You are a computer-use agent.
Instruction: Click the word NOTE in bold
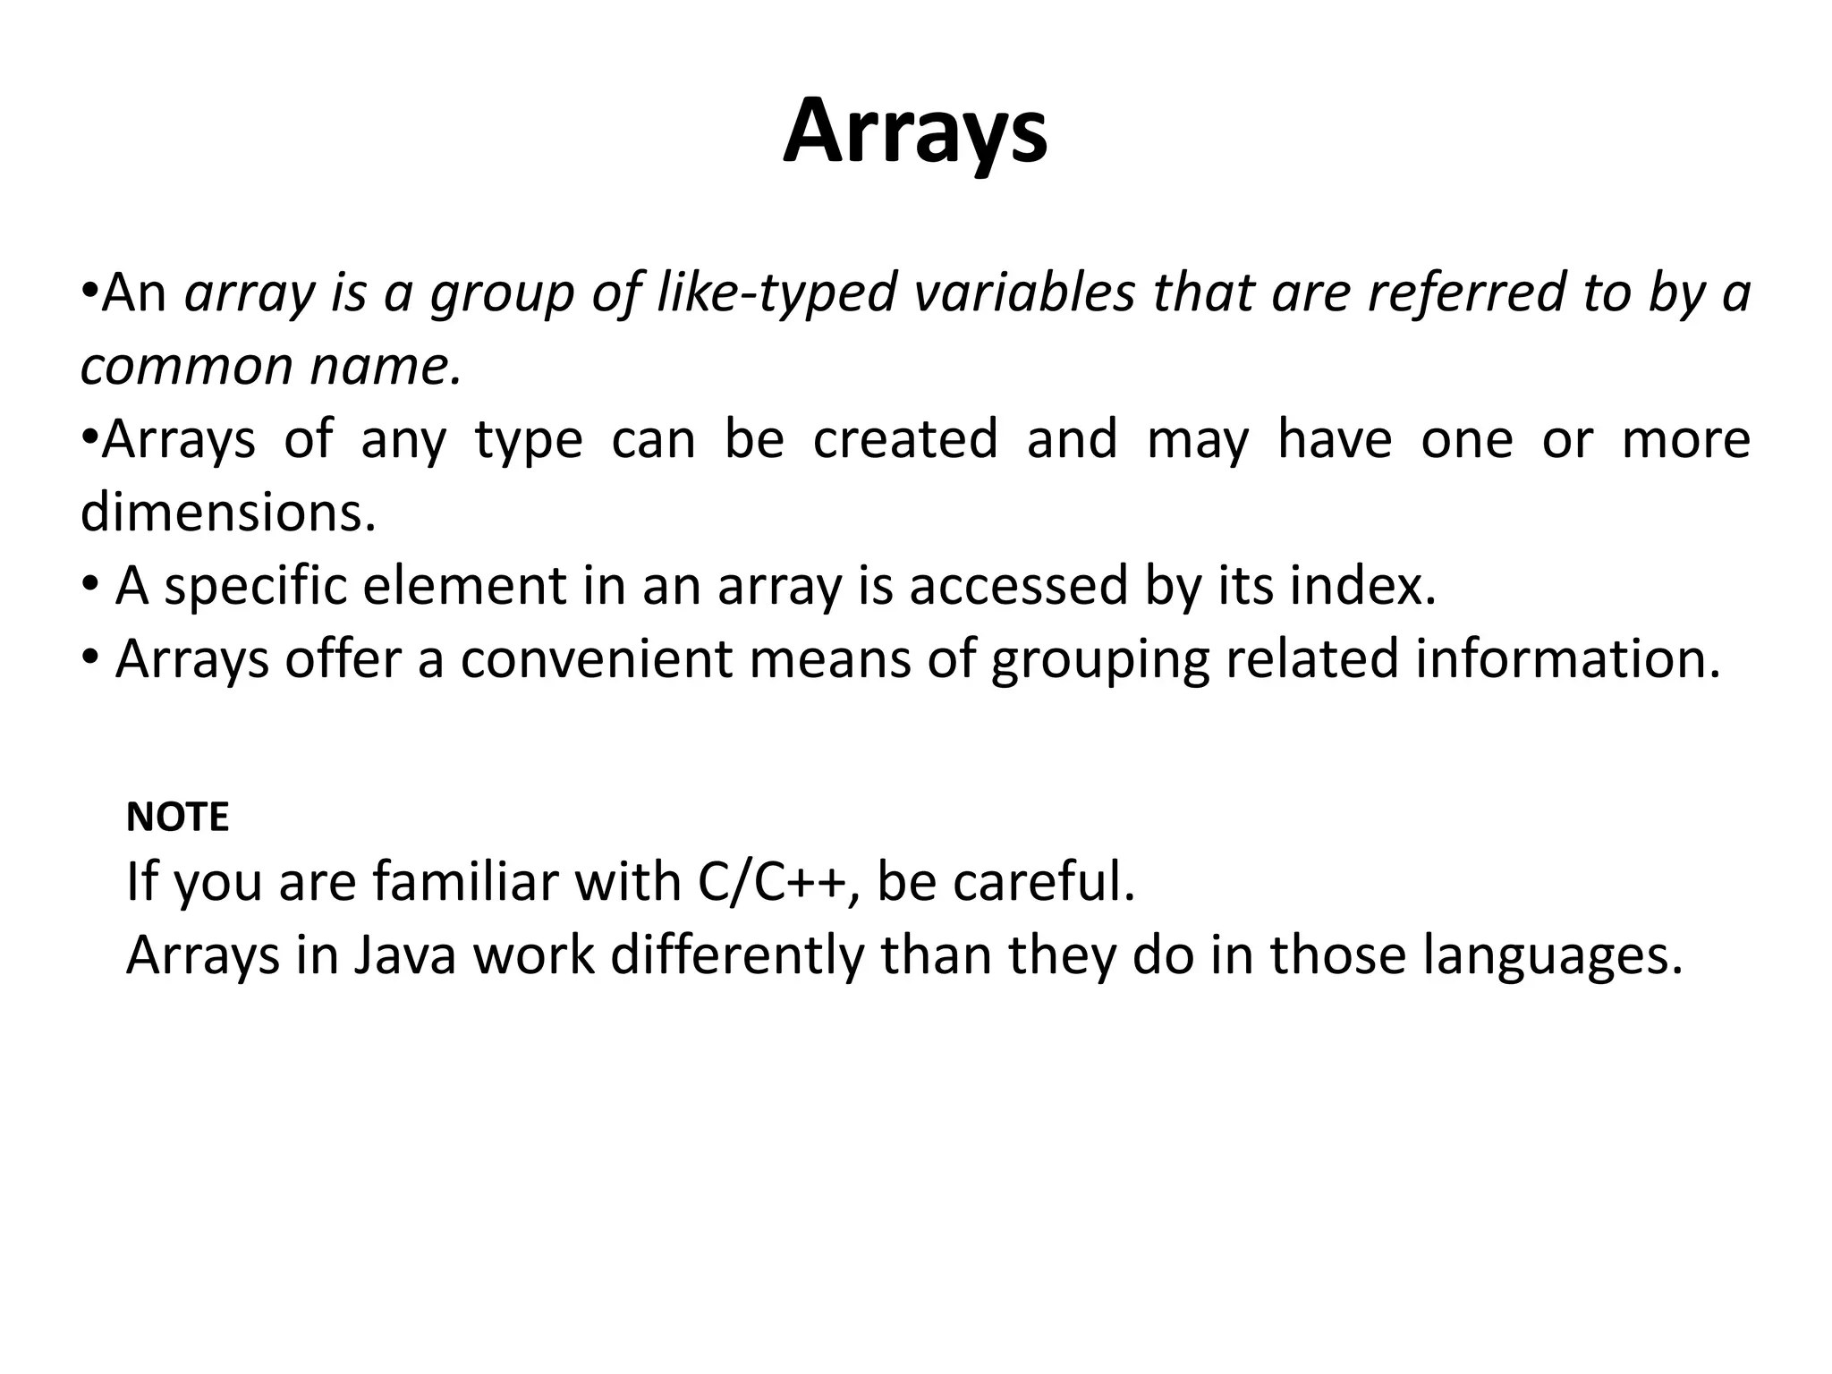177,818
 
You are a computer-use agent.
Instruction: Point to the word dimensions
228,513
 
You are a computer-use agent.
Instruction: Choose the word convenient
597,659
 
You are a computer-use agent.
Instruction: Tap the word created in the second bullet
904,439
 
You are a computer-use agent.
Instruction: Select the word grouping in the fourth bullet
1099,661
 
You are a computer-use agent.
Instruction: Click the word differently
737,954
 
